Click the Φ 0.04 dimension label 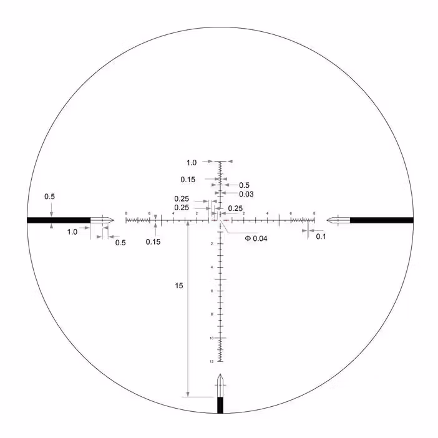coord(256,238)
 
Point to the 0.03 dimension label coord(246,194)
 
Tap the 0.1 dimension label coord(321,236)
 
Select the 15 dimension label coord(179,286)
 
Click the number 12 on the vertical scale coord(212,361)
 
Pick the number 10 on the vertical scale coord(212,338)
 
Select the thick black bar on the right coord(381,220)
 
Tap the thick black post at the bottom coord(220,405)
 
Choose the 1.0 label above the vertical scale coord(192,162)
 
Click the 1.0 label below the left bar coord(72,231)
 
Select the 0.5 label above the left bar coord(49,197)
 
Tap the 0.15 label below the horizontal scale coord(153,242)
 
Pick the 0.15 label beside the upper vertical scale coord(188,180)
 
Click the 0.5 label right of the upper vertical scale coord(244,185)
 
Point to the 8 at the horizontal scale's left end coord(126,213)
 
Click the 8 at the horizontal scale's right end coord(314,213)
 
